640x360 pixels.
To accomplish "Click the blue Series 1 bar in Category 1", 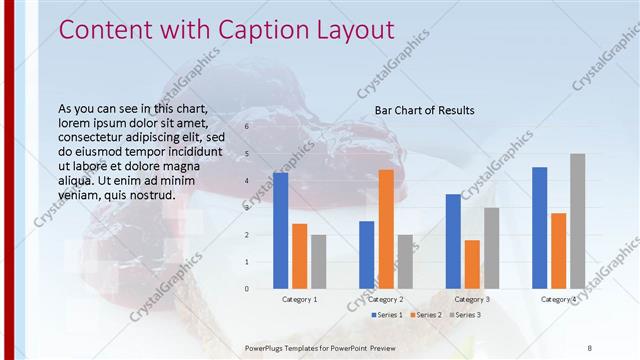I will click(x=280, y=230).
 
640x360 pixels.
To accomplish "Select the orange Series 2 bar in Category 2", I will click(x=386, y=229).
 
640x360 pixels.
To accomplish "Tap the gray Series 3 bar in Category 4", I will click(x=578, y=221).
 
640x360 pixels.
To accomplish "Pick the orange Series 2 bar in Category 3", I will click(x=472, y=264).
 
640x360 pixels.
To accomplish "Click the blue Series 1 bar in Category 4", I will click(x=540, y=228).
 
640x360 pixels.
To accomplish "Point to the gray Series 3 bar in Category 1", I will click(x=318, y=262).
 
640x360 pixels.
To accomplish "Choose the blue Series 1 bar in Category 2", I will click(x=367, y=255).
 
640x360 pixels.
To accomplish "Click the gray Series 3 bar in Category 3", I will click(x=491, y=248).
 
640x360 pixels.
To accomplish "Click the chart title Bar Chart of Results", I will click(x=424, y=110).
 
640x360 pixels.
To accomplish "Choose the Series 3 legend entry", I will click(x=465, y=315).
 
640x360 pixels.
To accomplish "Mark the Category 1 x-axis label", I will click(x=299, y=299).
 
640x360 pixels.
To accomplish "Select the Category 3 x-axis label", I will click(x=472, y=299).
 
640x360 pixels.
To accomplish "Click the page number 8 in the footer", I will click(x=589, y=347).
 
